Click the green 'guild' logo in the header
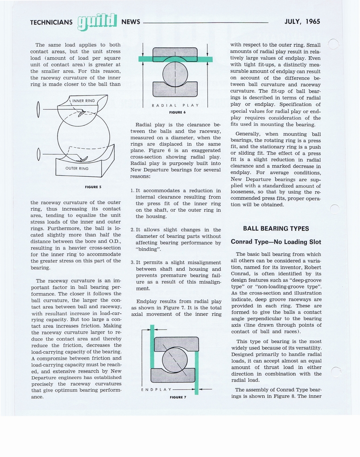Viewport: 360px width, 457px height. (x=97, y=22)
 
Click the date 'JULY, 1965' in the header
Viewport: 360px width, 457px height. (x=302, y=21)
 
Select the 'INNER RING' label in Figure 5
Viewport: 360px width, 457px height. (x=83, y=100)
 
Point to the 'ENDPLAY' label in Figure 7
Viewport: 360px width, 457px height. (x=156, y=390)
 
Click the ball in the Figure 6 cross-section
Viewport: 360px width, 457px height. (x=175, y=74)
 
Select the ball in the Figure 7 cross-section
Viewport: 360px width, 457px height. (x=174, y=360)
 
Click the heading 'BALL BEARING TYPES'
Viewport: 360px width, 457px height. (x=276, y=228)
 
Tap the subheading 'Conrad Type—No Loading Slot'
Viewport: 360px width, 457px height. (x=276, y=242)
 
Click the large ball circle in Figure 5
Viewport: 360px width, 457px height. (x=83, y=134)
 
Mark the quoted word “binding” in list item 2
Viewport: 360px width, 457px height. (x=147, y=249)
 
